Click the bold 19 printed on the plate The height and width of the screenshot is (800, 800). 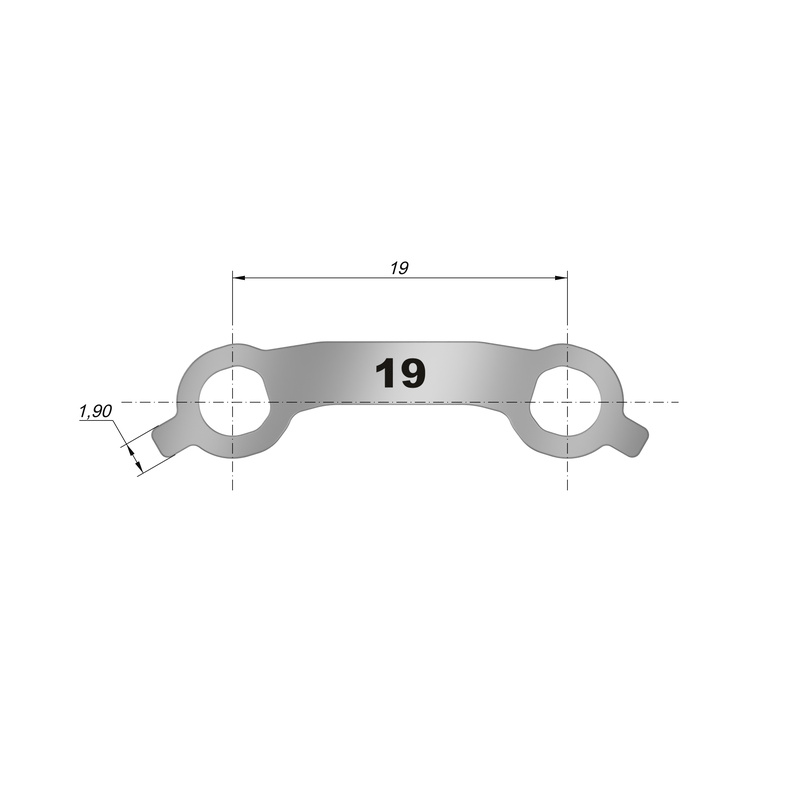point(400,373)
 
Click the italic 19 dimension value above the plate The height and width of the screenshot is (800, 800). point(399,268)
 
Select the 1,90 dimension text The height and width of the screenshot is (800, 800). point(95,411)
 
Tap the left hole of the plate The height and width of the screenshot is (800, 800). point(233,402)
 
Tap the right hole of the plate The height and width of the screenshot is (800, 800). point(566,402)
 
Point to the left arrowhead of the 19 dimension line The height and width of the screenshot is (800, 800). point(240,278)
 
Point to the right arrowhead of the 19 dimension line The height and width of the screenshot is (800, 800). point(560,278)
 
